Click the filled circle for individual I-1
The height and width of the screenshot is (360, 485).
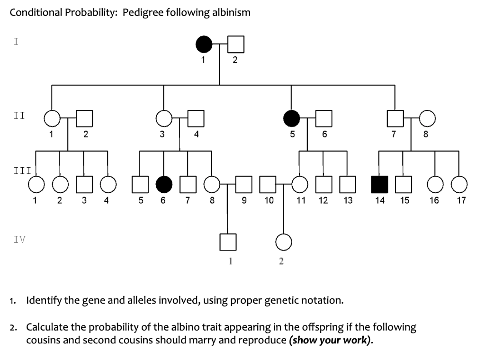tap(205, 45)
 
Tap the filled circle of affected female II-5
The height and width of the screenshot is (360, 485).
tap(292, 118)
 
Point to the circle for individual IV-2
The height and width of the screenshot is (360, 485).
tap(283, 243)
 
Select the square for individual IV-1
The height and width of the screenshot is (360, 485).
tap(228, 243)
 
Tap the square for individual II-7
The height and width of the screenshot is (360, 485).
tap(395, 118)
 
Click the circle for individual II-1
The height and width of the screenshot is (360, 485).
tap(52, 118)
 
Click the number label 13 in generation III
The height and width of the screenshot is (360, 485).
tap(348, 200)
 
